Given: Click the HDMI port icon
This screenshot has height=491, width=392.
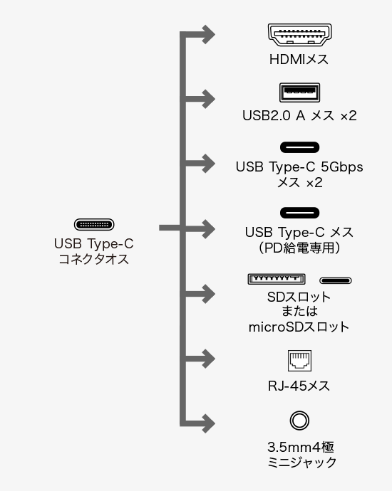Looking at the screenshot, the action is pyautogui.click(x=299, y=35).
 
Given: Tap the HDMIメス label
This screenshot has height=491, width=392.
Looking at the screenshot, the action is pyautogui.click(x=299, y=60).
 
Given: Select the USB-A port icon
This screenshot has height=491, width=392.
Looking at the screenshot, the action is pyautogui.click(x=299, y=93).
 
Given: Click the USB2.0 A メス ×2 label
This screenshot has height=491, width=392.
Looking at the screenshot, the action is pyautogui.click(x=299, y=115).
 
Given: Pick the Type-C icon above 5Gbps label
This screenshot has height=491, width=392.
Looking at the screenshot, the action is pyautogui.click(x=299, y=147).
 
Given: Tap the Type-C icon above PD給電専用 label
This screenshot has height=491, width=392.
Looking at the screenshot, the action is pyautogui.click(x=299, y=213).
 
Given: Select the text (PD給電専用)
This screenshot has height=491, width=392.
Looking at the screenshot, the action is pyautogui.click(x=299, y=248).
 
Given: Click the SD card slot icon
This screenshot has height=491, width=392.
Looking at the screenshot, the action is pyautogui.click(x=277, y=279).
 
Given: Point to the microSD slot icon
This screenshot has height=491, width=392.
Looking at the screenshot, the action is pyautogui.click(x=336, y=280).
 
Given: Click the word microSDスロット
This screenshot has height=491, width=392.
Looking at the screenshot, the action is pyautogui.click(x=299, y=327).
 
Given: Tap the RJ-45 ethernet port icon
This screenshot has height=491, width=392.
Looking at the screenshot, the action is pyautogui.click(x=299, y=361).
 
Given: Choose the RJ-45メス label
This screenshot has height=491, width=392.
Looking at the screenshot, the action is pyautogui.click(x=299, y=386).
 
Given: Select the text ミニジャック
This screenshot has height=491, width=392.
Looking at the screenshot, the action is pyautogui.click(x=301, y=463).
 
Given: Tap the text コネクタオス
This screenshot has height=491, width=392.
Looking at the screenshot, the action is pyautogui.click(x=94, y=259).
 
